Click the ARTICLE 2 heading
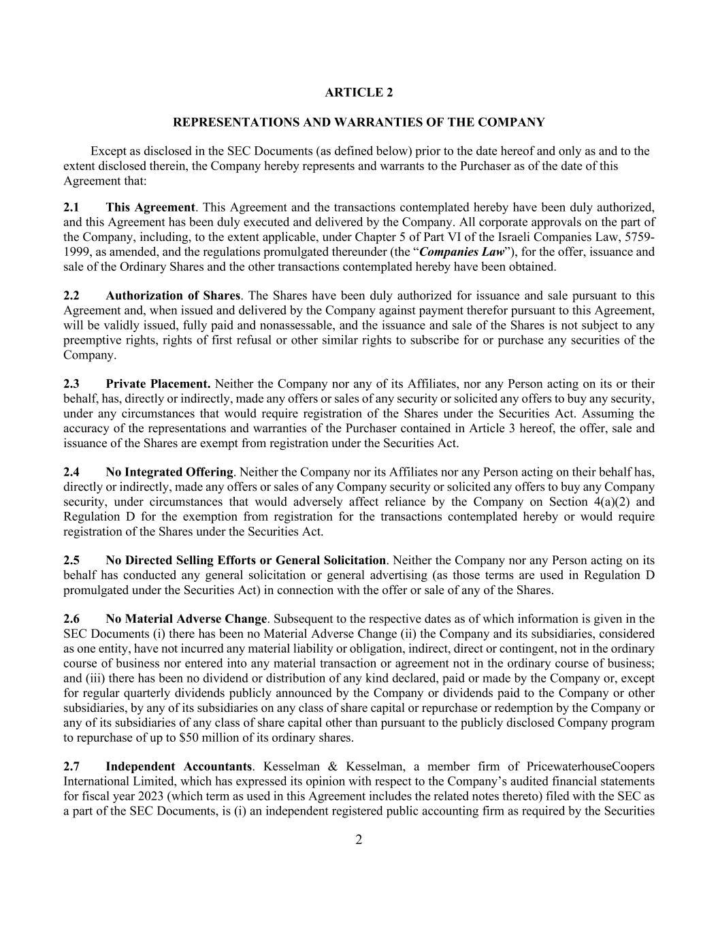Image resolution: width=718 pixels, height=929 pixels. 359,93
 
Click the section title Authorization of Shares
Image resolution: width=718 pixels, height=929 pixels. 173,296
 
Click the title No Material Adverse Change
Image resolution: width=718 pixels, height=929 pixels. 186,619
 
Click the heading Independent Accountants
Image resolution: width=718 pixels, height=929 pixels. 179,767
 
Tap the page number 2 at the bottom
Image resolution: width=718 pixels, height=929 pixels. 359,840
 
